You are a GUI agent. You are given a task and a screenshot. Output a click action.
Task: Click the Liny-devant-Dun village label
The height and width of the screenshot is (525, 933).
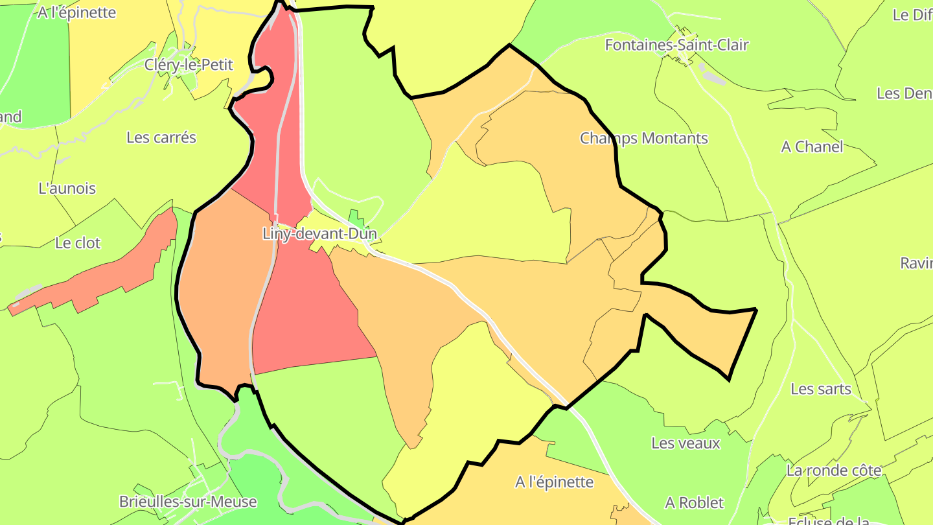point(319,234)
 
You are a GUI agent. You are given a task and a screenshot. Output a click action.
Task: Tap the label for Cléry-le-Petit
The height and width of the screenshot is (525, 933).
point(189,65)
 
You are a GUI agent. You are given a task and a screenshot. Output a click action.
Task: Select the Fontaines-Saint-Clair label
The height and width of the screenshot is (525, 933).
point(676,45)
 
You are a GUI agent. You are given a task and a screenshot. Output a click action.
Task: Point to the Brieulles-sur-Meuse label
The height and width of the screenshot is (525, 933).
point(188,502)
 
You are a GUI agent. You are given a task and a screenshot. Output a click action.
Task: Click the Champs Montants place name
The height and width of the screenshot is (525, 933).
point(644,138)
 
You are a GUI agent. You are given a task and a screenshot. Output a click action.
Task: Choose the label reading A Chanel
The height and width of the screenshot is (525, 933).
point(812,146)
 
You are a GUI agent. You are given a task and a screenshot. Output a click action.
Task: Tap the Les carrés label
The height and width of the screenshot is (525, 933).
point(161,137)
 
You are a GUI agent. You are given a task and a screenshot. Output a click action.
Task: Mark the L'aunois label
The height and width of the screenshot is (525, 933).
point(67,189)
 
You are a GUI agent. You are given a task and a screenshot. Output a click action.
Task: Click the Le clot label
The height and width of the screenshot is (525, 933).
point(78,243)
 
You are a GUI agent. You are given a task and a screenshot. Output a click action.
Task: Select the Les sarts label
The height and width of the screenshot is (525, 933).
point(821,389)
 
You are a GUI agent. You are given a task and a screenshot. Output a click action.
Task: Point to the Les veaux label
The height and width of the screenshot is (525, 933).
point(685,443)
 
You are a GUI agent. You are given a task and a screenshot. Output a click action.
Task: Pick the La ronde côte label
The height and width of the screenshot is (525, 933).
point(834,471)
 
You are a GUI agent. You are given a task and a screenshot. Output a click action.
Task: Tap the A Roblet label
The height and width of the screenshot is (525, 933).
point(695,502)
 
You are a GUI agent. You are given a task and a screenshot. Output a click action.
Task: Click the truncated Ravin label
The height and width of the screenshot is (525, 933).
point(916,262)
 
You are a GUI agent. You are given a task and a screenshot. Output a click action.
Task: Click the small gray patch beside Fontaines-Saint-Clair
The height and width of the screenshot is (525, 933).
point(713,77)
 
